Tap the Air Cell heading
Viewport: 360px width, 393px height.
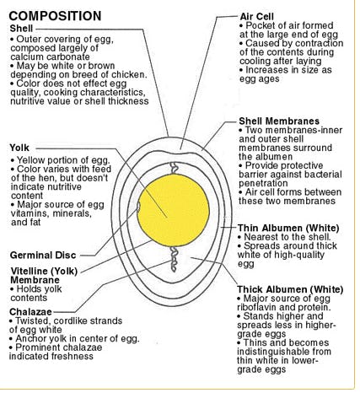[x=258, y=16]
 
